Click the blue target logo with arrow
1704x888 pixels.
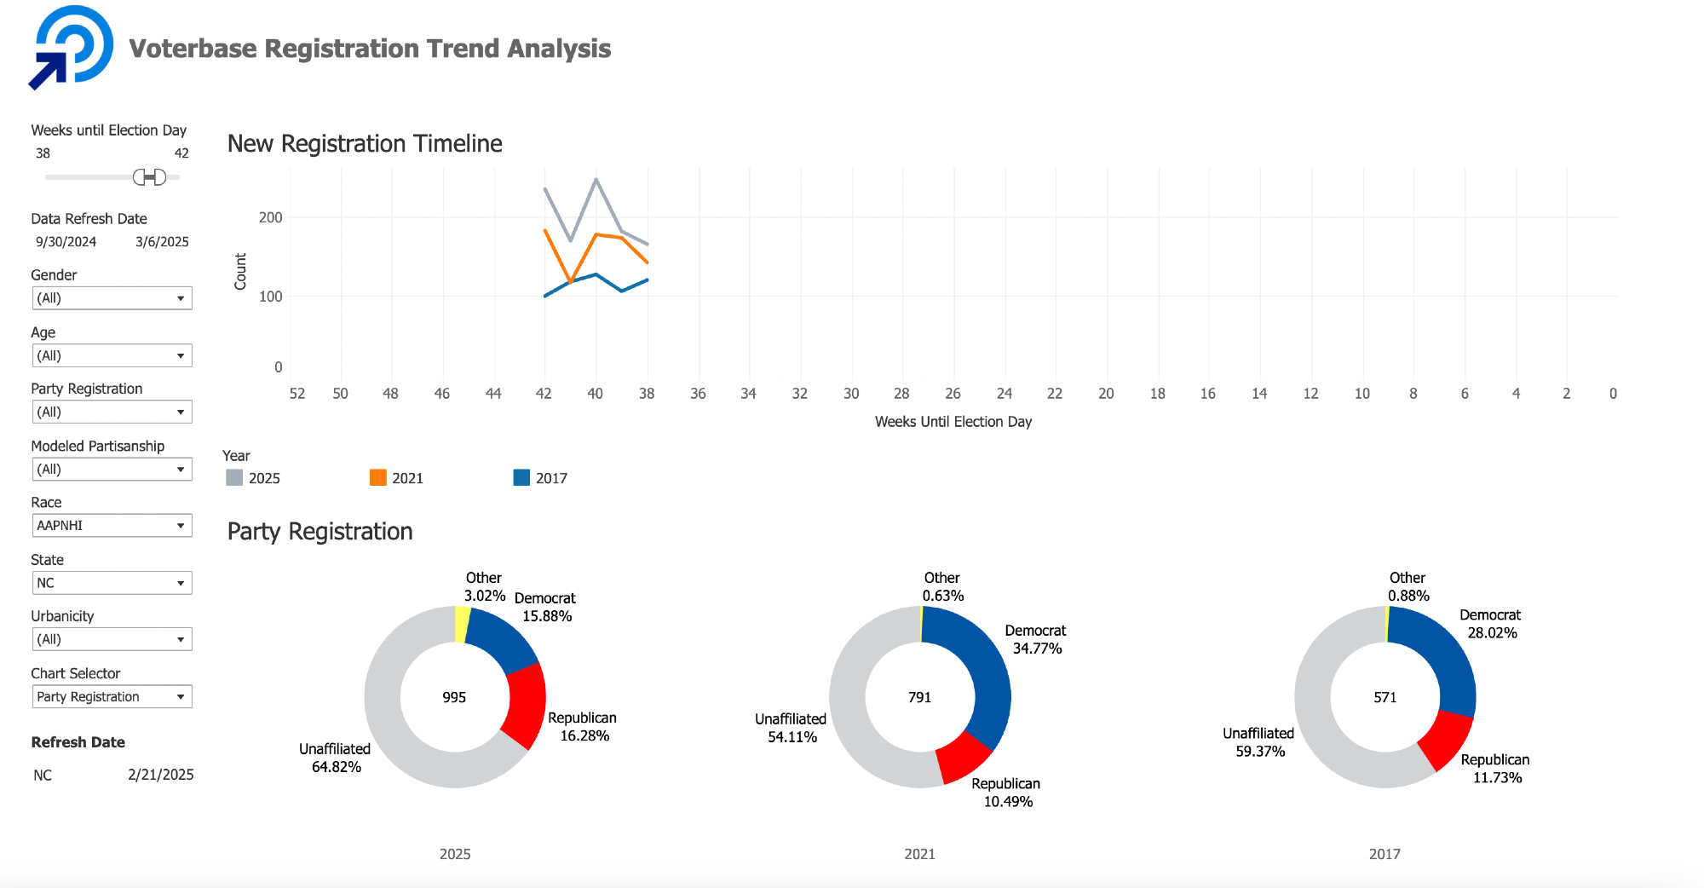click(x=72, y=47)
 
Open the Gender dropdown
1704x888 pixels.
click(x=112, y=298)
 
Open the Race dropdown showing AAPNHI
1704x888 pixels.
click(x=112, y=526)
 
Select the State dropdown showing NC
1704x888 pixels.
click(x=112, y=583)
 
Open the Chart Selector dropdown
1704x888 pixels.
click(x=112, y=697)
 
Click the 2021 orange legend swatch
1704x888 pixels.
click(x=378, y=478)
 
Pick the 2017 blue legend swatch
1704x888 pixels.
click(x=521, y=478)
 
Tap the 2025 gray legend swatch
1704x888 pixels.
click(x=234, y=478)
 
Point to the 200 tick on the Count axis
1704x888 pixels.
click(x=270, y=218)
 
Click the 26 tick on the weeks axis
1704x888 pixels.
click(x=953, y=394)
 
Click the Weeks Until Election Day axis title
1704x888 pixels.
click(x=953, y=422)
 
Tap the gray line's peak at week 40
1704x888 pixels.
click(x=596, y=180)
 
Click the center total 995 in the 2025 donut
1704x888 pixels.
click(x=454, y=698)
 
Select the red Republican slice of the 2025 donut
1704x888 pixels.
click(x=525, y=706)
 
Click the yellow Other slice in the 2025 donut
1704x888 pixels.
click(x=462, y=625)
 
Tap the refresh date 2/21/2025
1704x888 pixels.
click(x=161, y=776)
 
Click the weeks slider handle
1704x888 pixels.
click(x=150, y=177)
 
